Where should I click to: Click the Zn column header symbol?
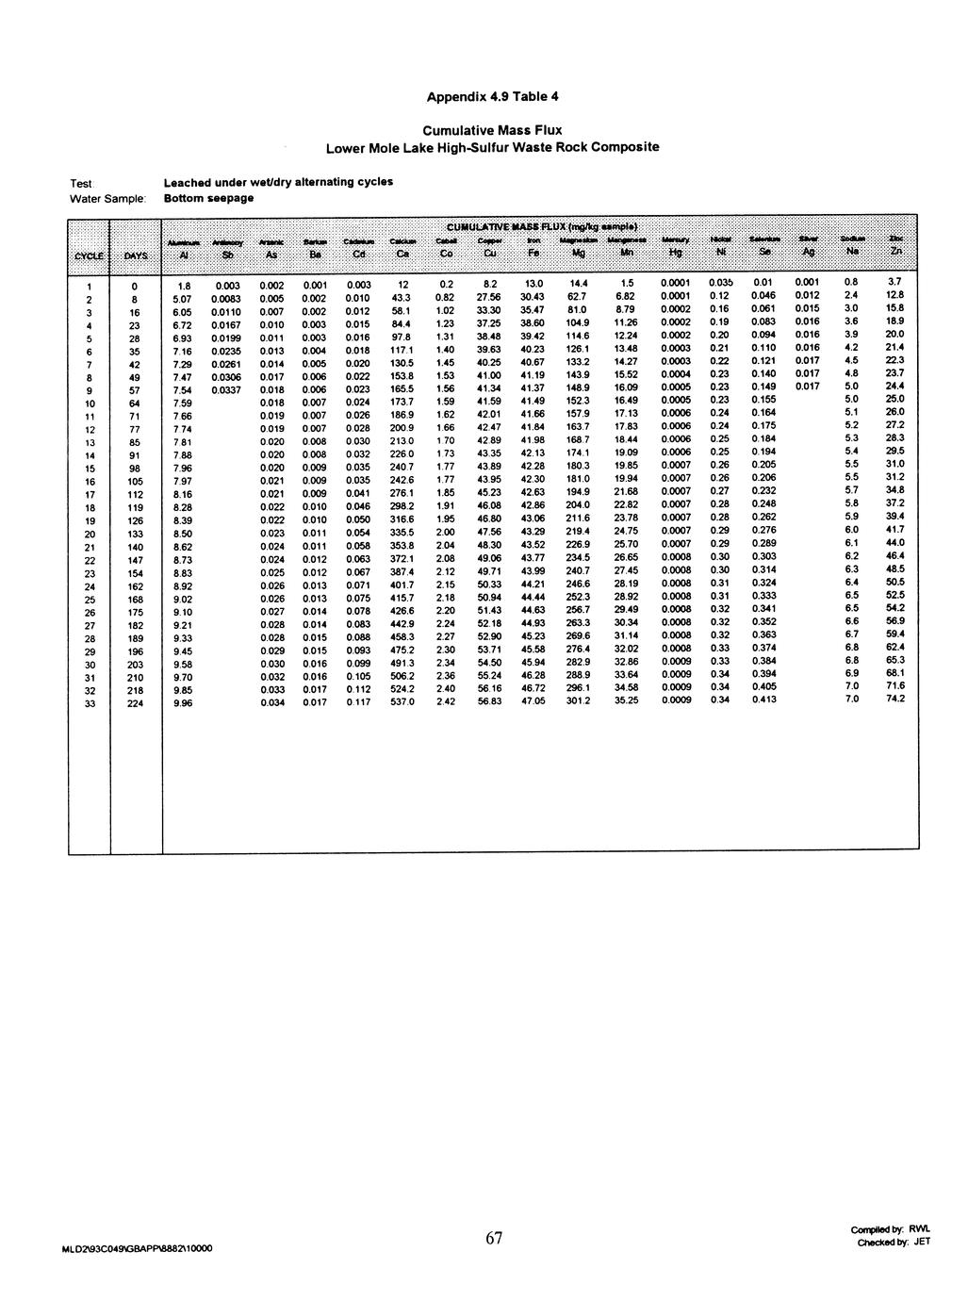896,254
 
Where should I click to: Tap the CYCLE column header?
90,254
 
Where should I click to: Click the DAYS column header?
136,254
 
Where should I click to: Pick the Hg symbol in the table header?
675,254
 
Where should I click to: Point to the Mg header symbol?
578,254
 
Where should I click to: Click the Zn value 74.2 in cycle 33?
894,700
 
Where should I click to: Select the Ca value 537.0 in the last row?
402,701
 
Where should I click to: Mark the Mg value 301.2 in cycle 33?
578,700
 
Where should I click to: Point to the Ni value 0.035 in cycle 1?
720,282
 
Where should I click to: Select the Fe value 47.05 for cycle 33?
533,700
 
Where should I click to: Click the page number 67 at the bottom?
494,1239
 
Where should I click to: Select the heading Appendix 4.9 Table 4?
492,96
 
